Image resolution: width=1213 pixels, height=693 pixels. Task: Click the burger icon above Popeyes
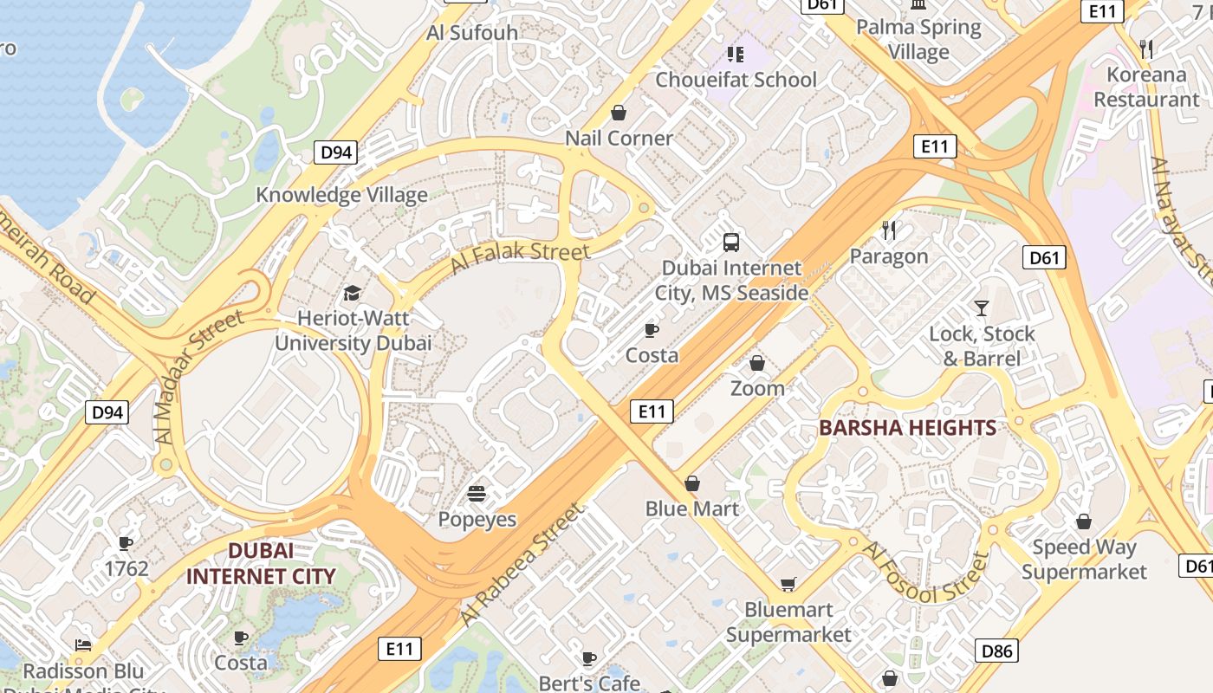[477, 494]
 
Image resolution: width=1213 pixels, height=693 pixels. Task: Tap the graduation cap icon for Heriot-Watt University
[352, 293]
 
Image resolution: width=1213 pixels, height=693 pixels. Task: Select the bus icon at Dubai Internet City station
[731, 242]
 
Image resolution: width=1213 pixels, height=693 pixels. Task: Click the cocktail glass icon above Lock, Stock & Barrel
[982, 308]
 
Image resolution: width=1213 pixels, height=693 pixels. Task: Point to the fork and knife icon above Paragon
[889, 230]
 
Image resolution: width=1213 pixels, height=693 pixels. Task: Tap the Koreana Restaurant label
[1145, 87]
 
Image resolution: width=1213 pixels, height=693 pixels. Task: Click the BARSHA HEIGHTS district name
[907, 428]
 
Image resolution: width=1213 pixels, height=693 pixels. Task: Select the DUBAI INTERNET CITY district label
[260, 563]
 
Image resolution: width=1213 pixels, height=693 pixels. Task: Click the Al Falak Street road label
[520, 258]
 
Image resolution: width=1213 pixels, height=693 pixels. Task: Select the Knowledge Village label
[341, 195]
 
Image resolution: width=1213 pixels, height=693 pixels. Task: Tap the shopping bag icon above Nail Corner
[619, 113]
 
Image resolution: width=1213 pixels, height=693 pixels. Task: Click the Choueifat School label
[736, 80]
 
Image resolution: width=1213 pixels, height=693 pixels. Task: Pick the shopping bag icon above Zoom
[757, 363]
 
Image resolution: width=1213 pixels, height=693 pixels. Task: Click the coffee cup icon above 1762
[126, 543]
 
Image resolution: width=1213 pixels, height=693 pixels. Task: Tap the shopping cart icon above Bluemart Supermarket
[788, 585]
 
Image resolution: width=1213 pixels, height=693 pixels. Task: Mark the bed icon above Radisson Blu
[83, 645]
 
